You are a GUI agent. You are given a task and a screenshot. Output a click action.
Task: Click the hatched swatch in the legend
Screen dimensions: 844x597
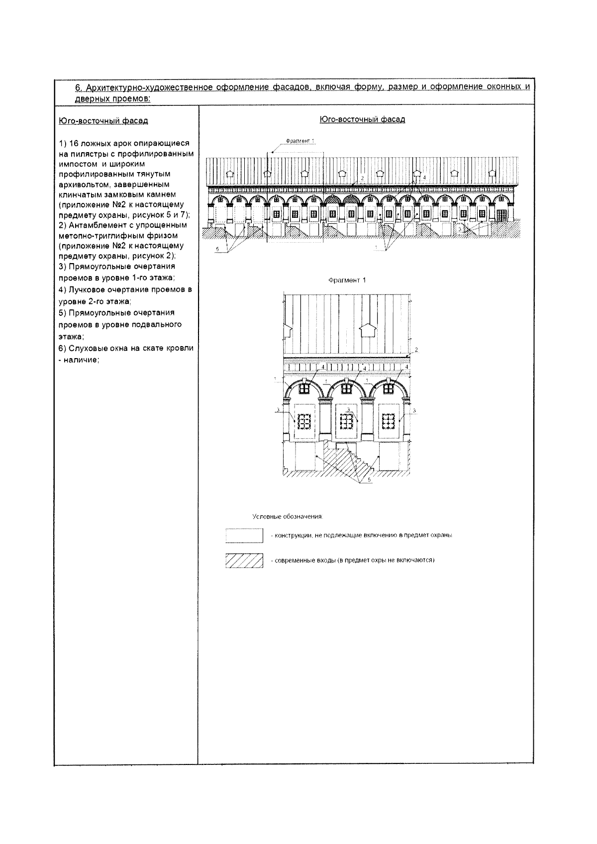pyautogui.click(x=244, y=561)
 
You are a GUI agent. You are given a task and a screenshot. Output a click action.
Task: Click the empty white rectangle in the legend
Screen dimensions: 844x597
pyautogui.click(x=244, y=536)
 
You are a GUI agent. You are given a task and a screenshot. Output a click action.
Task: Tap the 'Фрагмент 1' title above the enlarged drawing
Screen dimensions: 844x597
pyautogui.click(x=347, y=280)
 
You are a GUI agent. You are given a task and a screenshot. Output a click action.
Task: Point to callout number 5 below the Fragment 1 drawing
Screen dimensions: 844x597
pyautogui.click(x=369, y=480)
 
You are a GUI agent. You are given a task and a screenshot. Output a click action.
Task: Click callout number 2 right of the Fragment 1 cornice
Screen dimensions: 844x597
pyautogui.click(x=416, y=350)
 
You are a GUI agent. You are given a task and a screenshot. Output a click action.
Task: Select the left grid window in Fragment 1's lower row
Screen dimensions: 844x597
pyautogui.click(x=303, y=422)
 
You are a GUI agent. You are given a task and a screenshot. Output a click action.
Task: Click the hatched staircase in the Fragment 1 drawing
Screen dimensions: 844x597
pyautogui.click(x=348, y=460)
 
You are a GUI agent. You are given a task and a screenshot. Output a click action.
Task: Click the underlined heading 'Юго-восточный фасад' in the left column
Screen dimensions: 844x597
pyautogui.click(x=103, y=121)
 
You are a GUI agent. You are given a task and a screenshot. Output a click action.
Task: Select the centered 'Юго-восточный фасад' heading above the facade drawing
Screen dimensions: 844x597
pyautogui.click(x=362, y=119)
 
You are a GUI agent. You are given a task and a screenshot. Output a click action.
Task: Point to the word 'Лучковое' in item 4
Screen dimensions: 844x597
pyautogui.click(x=84, y=289)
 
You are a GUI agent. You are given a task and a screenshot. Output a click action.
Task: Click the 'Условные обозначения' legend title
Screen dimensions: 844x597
pyautogui.click(x=288, y=517)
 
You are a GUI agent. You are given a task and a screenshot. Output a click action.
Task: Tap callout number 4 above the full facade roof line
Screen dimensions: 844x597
pyautogui.click(x=424, y=177)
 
